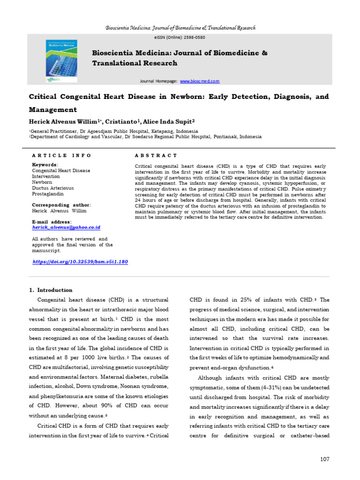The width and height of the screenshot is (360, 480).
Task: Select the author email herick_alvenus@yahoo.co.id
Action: click(66, 227)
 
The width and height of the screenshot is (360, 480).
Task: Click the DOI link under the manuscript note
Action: click(80, 262)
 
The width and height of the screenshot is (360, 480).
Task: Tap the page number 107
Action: click(325, 459)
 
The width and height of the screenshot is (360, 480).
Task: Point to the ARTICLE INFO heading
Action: click(61, 155)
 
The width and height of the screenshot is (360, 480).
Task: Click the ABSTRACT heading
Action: click(156, 155)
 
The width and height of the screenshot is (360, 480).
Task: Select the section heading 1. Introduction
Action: click(51, 290)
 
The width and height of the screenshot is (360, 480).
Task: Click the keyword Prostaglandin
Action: click(47, 194)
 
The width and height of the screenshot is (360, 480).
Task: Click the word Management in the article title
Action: click(53, 110)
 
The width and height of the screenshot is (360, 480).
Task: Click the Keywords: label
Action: click(45, 165)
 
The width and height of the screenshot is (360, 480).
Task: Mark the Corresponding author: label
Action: click(61, 205)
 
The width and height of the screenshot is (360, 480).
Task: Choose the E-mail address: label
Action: click(52, 222)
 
